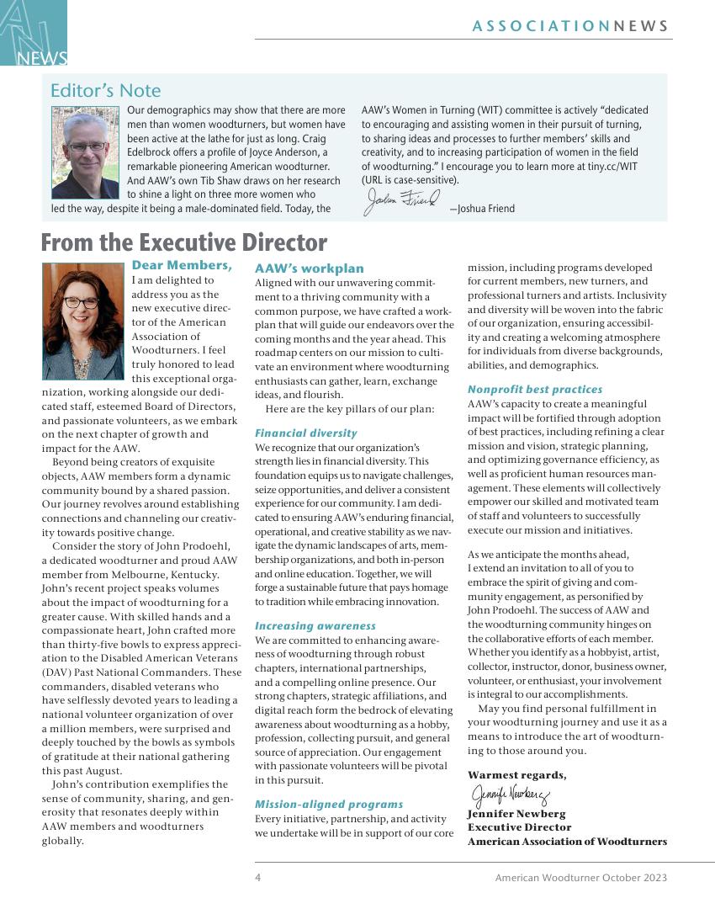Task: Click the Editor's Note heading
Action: pyautogui.click(x=105, y=90)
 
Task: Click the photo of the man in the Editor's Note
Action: pyautogui.click(x=85, y=152)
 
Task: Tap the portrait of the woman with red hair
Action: pyautogui.click(x=82, y=321)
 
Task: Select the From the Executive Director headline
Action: pyautogui.click(x=183, y=242)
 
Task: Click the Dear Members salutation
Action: pyautogui.click(x=182, y=266)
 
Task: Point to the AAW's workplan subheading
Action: pyautogui.click(x=310, y=268)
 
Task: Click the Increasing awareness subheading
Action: pyautogui.click(x=315, y=626)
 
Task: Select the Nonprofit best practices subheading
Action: pyautogui.click(x=535, y=389)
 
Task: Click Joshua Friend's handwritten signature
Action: pyautogui.click(x=401, y=202)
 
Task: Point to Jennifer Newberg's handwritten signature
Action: pyautogui.click(x=510, y=794)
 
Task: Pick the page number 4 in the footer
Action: pyautogui.click(x=258, y=878)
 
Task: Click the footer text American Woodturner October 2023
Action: pyautogui.click(x=580, y=878)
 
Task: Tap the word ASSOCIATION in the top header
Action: pyautogui.click(x=541, y=26)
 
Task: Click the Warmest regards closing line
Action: pyautogui.click(x=516, y=775)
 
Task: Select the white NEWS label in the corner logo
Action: pyautogui.click(x=42, y=58)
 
